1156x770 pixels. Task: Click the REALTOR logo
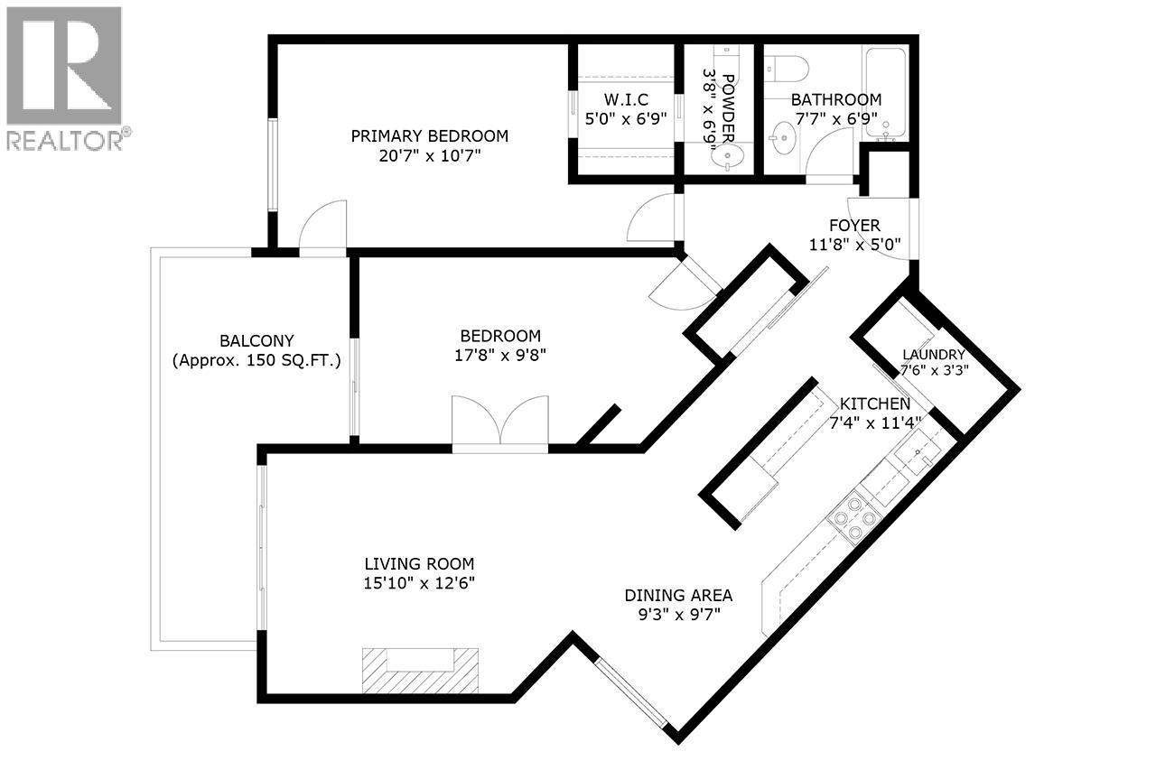tap(64, 77)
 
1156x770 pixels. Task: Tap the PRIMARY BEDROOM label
tap(429, 136)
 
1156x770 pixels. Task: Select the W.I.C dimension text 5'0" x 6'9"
tap(625, 117)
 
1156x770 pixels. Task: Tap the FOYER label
tap(854, 225)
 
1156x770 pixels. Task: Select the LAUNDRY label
tap(933, 355)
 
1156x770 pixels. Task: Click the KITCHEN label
tap(874, 404)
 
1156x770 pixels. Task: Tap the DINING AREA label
tap(677, 596)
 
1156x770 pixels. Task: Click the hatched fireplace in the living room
tap(421, 670)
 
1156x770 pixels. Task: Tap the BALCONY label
tap(256, 340)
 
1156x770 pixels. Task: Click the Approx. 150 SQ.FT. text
tap(256, 361)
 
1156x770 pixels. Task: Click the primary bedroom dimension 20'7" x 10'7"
tap(429, 156)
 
